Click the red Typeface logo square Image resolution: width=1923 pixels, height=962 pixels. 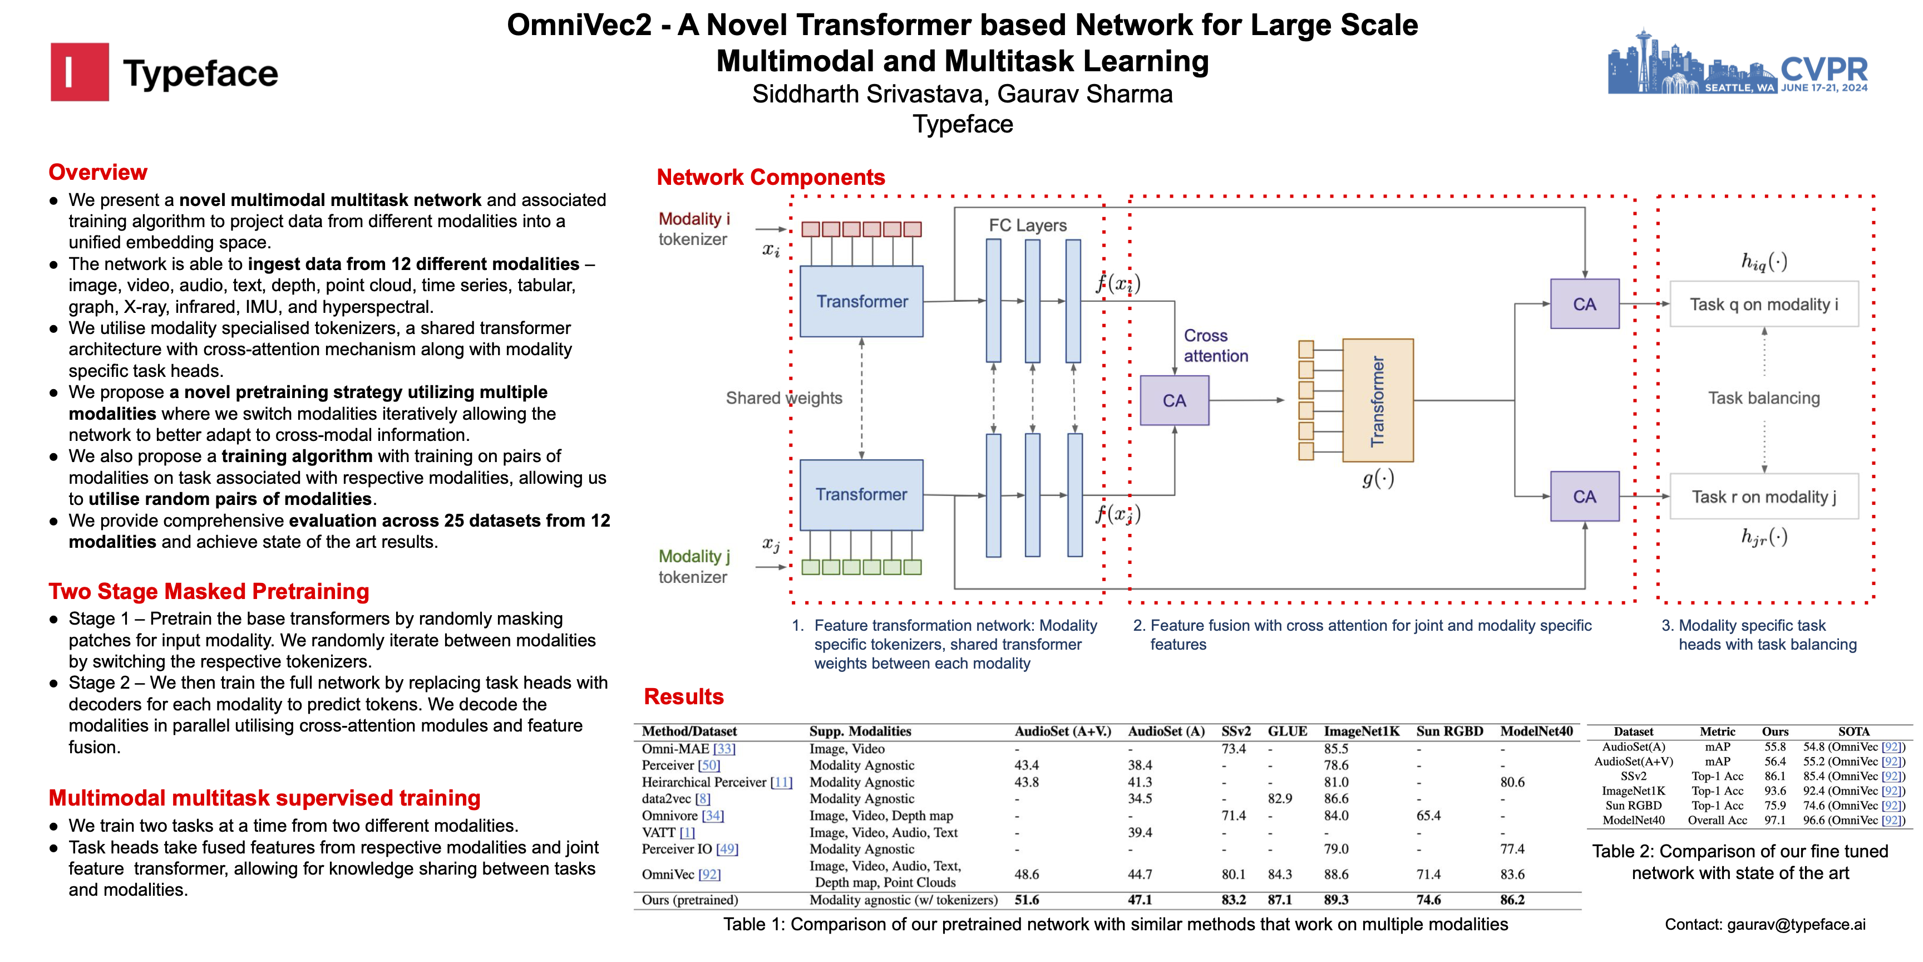[x=79, y=72]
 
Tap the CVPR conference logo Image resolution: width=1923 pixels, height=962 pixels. [x=1737, y=63]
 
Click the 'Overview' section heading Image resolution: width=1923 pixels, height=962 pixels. [x=98, y=173]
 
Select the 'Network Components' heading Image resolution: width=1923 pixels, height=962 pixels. [x=771, y=178]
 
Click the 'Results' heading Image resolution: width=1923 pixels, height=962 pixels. [x=684, y=697]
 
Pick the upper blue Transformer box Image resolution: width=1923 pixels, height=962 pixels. [x=861, y=302]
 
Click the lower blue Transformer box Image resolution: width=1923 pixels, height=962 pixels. [x=861, y=494]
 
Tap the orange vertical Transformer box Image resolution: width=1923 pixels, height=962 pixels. [x=1377, y=400]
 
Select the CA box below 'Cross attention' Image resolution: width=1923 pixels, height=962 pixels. [x=1174, y=401]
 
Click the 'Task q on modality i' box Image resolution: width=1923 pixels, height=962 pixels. [x=1763, y=305]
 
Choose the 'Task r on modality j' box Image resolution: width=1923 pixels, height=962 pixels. [x=1763, y=497]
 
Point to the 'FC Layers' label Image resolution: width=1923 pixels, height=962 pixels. [x=1027, y=225]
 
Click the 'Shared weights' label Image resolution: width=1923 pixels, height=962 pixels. [x=784, y=398]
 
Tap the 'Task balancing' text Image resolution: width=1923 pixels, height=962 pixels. [x=1764, y=398]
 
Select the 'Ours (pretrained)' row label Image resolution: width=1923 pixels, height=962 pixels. [x=690, y=900]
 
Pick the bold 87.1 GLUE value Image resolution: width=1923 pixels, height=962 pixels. [x=1280, y=900]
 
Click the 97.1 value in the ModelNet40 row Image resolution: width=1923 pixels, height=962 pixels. [x=1774, y=820]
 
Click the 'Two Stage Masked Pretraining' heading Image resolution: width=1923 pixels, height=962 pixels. [x=209, y=592]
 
